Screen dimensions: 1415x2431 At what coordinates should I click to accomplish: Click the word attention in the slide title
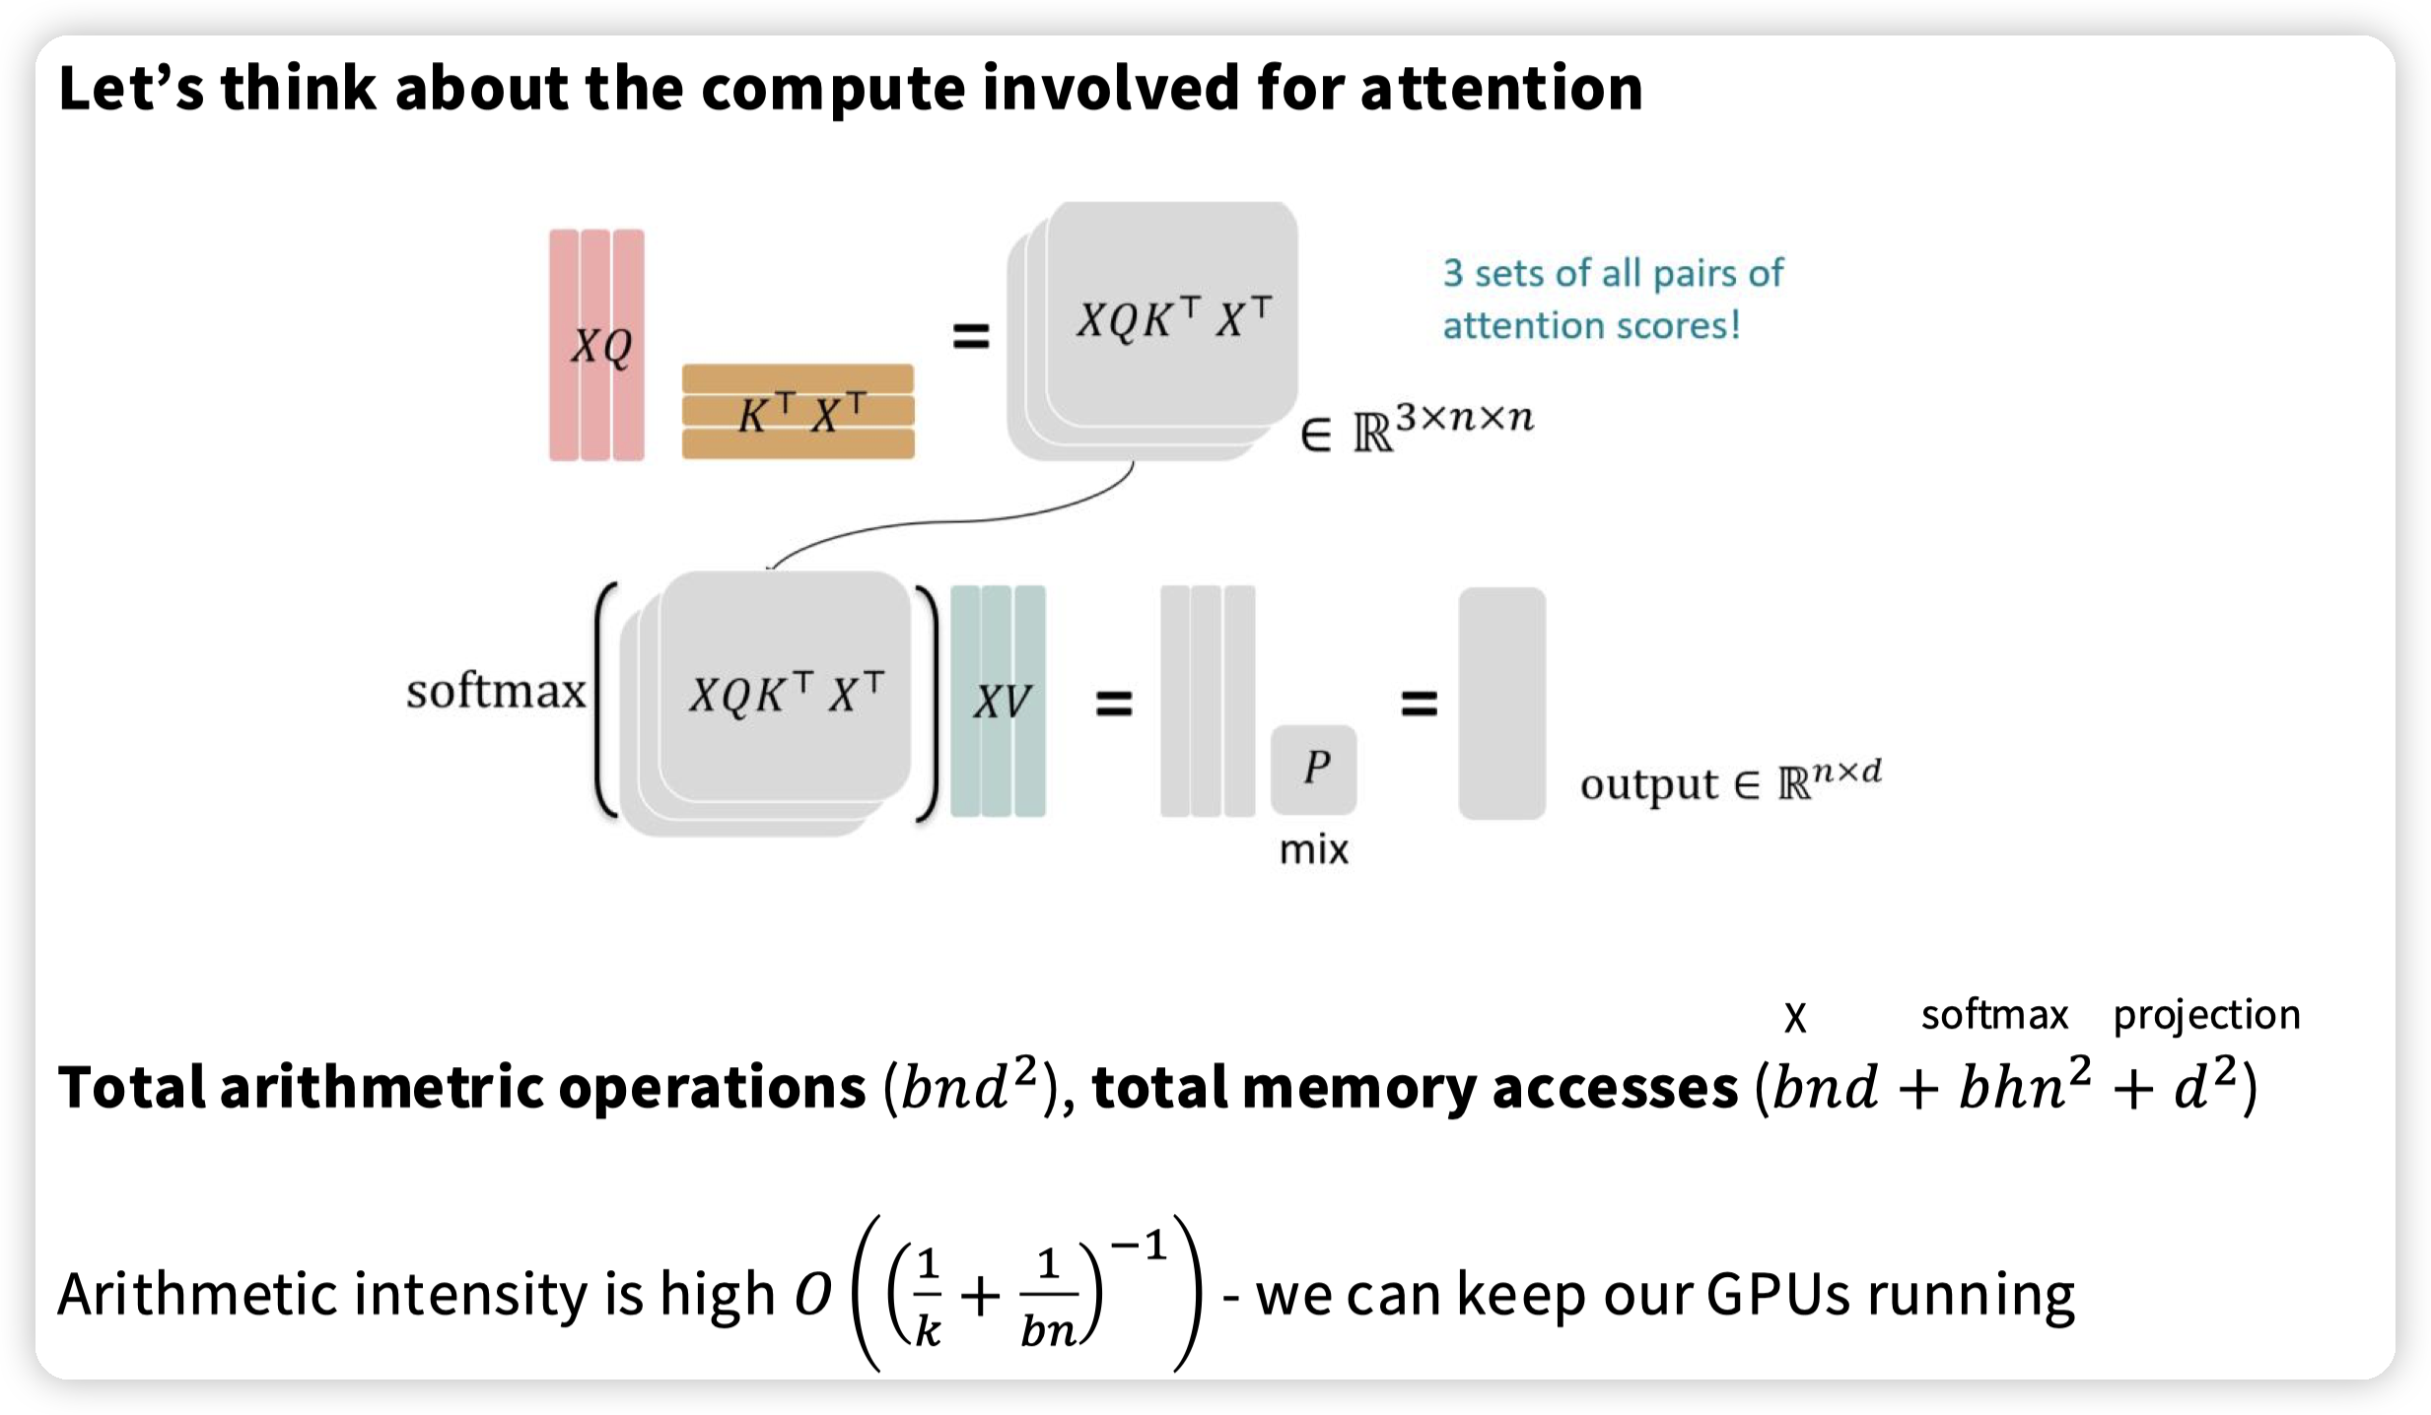tap(1500, 89)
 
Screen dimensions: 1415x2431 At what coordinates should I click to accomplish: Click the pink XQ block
tap(596, 345)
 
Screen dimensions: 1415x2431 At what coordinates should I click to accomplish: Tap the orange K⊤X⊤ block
tap(799, 412)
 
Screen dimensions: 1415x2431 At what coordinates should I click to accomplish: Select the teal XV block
tap(998, 702)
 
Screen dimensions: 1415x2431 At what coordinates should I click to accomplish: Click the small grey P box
tap(1314, 769)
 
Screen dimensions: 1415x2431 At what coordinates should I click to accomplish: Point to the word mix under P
tap(1313, 849)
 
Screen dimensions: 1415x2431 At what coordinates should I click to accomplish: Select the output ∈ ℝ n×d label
tap(1730, 783)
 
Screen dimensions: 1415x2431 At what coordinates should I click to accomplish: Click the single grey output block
tap(1501, 703)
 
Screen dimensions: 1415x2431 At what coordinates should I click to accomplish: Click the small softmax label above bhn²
tap(1993, 1015)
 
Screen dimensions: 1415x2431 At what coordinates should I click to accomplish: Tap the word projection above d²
tap(2206, 1015)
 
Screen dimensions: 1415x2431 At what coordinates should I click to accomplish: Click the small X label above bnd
tap(1795, 1018)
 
